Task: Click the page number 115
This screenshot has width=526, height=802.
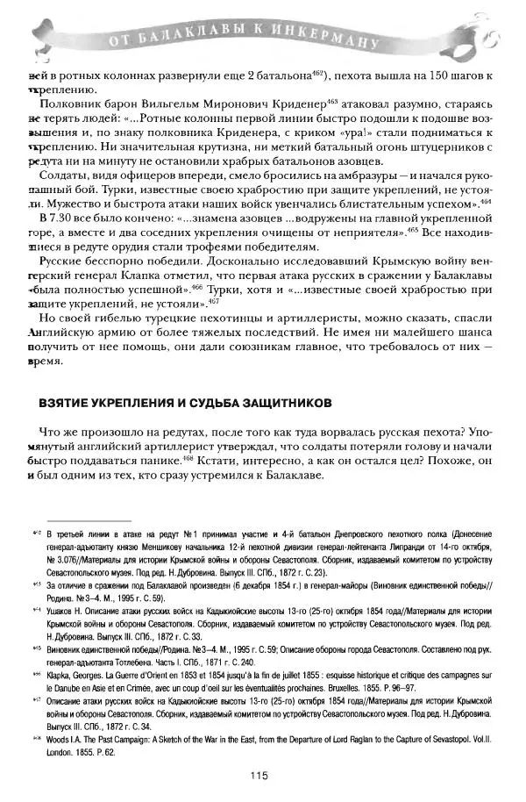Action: [x=259, y=774]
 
